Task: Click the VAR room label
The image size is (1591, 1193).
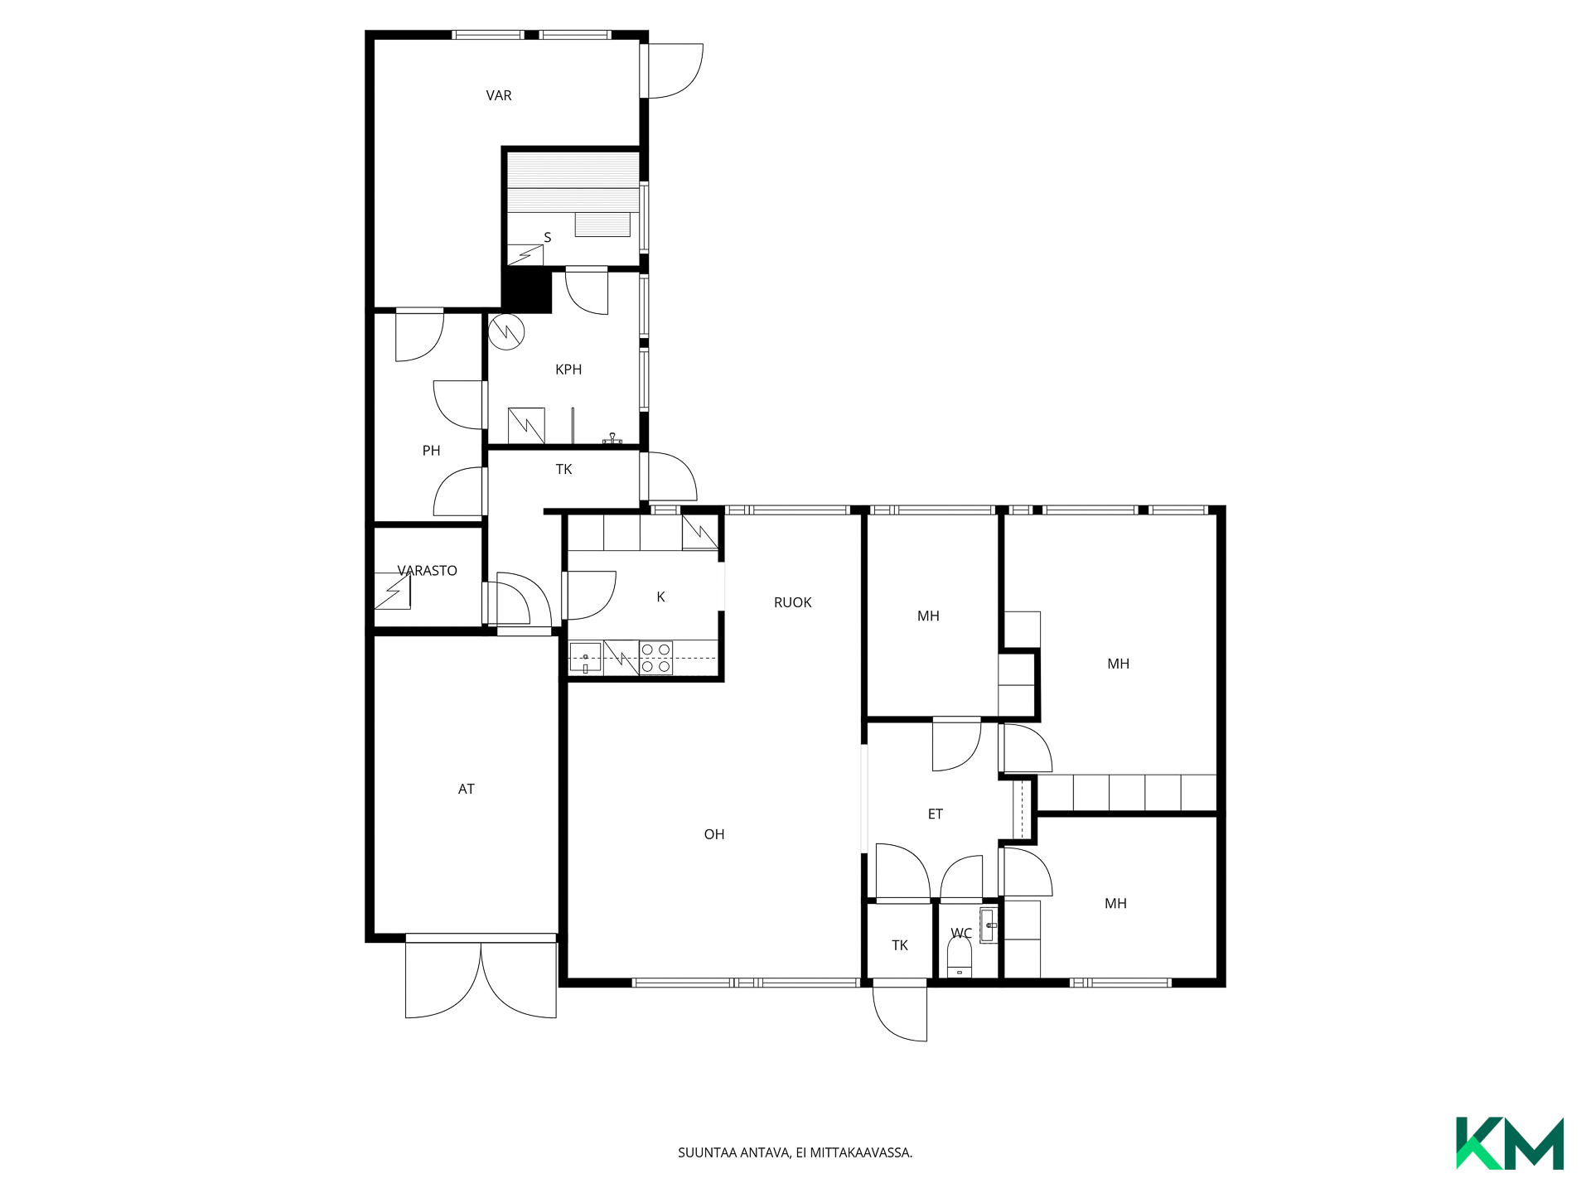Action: click(499, 95)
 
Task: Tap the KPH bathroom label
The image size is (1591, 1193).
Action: click(568, 369)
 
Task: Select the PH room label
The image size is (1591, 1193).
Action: click(431, 451)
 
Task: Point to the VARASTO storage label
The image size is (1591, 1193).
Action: click(428, 571)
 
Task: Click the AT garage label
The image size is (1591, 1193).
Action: click(467, 790)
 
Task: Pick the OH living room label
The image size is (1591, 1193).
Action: click(714, 835)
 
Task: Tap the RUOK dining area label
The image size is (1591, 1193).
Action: click(793, 603)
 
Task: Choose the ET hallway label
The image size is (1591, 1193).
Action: click(936, 814)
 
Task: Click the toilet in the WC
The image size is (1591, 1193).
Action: click(959, 958)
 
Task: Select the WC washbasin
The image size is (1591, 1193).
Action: click(988, 925)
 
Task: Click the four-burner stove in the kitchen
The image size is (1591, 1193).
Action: click(655, 658)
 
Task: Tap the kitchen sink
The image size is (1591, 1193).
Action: click(585, 658)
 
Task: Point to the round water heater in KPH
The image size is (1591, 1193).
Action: click(506, 332)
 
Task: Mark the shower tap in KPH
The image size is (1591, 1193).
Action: click(612, 438)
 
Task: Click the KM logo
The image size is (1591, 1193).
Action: click(1510, 1143)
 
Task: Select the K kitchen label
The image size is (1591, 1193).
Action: click(660, 597)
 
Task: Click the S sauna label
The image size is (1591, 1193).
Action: click(547, 238)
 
